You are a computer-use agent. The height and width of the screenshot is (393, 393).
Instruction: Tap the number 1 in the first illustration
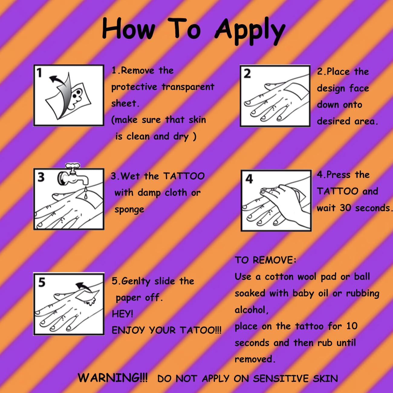39,73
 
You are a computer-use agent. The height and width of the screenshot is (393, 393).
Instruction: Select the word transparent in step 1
188,87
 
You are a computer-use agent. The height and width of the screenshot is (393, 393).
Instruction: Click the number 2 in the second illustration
247,74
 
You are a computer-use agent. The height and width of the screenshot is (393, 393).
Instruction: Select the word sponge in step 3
129,210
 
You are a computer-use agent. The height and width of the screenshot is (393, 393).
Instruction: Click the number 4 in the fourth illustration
249,179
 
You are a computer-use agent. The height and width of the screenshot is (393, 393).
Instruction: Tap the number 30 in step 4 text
345,208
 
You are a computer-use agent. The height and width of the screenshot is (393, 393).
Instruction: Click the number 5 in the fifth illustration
42,282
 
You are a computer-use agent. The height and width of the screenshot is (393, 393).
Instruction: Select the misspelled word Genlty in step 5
136,281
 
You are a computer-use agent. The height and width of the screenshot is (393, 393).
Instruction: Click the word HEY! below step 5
122,314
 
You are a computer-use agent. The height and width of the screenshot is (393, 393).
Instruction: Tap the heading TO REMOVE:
265,260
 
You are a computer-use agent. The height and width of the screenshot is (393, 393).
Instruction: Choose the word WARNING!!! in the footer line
112,378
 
